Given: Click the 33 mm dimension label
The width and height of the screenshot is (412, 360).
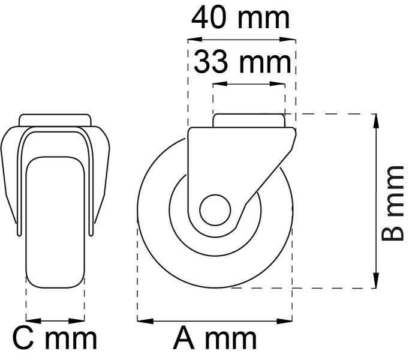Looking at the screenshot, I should tap(243, 62).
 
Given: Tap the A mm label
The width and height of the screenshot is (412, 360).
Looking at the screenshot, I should tap(215, 340).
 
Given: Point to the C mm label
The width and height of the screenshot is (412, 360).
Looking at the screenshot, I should tap(55, 340).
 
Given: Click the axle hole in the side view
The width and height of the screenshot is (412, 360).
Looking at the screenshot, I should tap(215, 209).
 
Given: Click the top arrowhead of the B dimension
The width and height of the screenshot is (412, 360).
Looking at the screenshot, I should tap(376, 119).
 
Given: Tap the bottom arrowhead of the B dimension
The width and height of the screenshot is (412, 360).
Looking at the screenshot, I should tap(376, 281).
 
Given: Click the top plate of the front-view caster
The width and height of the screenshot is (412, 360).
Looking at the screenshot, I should tap(55, 119).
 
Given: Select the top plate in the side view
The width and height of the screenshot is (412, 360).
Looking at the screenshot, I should tap(248, 120).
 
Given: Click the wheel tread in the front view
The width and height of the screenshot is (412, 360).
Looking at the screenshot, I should tap(55, 222).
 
